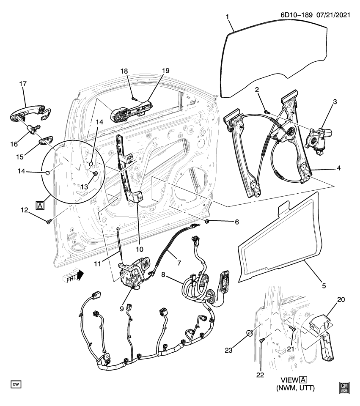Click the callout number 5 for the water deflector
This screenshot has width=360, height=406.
[324, 285]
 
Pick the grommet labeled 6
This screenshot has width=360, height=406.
[208, 222]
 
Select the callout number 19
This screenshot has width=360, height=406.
[165, 71]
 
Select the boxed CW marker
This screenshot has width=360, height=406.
[16, 384]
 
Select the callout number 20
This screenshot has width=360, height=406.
[341, 299]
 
